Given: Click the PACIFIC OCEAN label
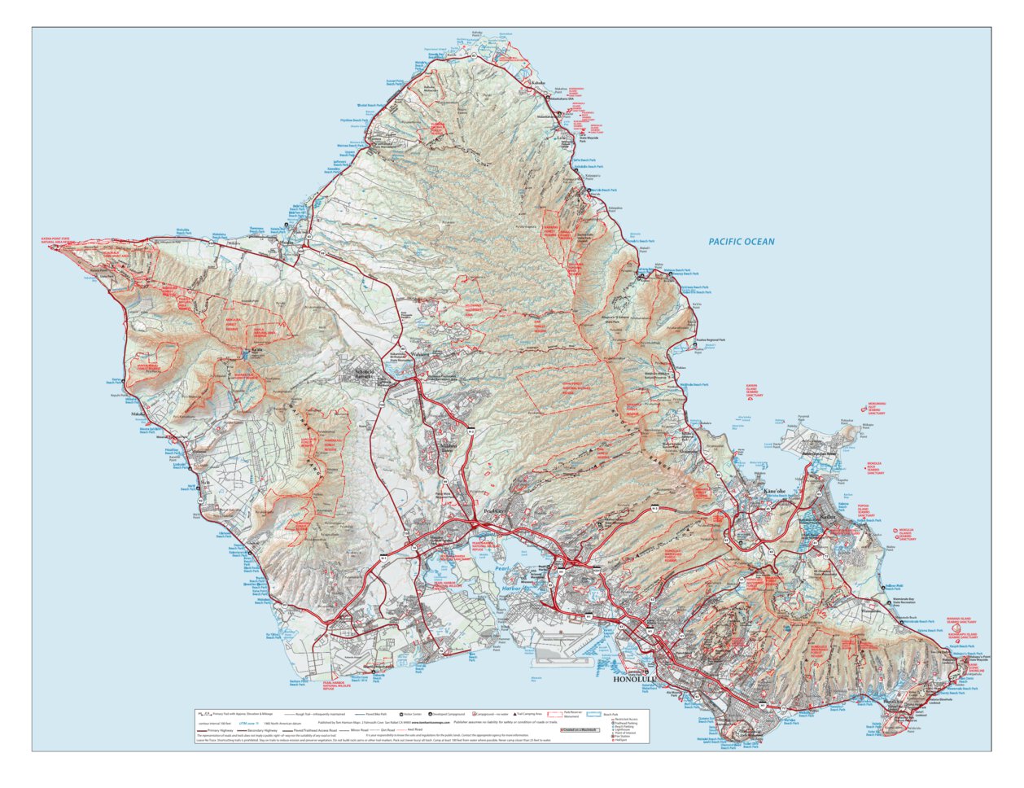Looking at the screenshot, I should [741, 242].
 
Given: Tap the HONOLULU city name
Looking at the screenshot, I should [633, 679].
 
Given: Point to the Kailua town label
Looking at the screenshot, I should [828, 517].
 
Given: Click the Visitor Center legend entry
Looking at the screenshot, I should [407, 713].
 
